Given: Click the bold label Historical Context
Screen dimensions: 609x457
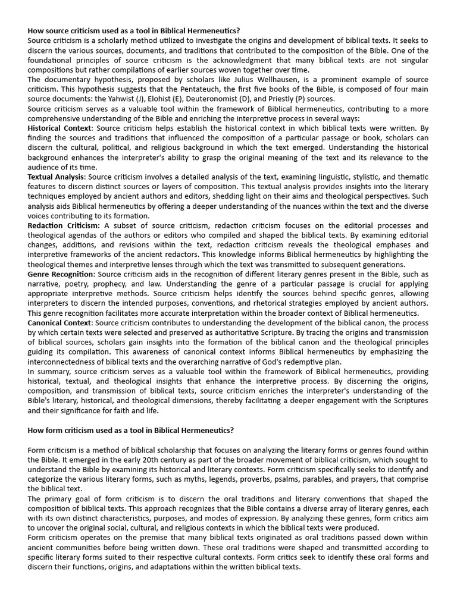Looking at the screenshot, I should click(60, 128).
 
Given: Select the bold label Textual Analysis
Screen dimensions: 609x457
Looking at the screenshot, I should click(57, 177).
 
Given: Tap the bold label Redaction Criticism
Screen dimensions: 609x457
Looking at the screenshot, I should click(64, 225).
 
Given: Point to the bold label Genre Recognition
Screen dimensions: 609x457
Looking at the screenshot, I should click(61, 274).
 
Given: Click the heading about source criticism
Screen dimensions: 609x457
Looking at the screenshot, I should click(133, 31).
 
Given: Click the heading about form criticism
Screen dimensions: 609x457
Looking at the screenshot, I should click(131, 430).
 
